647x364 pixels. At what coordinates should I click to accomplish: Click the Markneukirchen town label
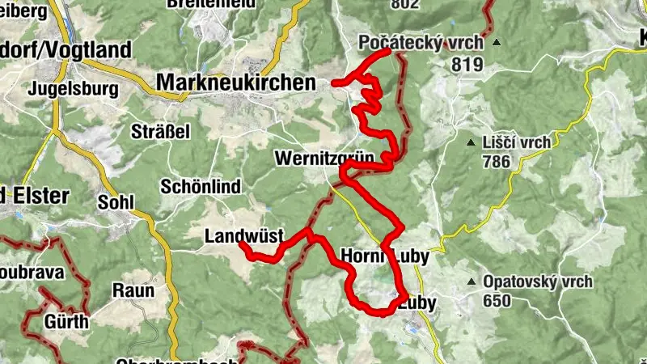tap(236, 83)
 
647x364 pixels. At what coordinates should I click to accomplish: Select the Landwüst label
tap(243, 237)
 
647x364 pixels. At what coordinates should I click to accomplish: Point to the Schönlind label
tap(201, 187)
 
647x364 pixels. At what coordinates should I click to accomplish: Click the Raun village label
tap(133, 290)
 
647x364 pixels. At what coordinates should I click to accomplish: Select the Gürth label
tap(68, 322)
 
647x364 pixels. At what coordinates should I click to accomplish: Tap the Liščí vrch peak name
tap(518, 143)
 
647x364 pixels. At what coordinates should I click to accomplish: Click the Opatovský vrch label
tap(538, 282)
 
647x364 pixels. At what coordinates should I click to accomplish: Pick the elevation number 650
tap(497, 301)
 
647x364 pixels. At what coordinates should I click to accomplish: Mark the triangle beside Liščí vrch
tap(471, 144)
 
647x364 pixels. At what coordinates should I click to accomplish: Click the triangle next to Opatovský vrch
tap(471, 282)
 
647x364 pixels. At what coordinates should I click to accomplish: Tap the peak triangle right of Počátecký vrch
tap(497, 43)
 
